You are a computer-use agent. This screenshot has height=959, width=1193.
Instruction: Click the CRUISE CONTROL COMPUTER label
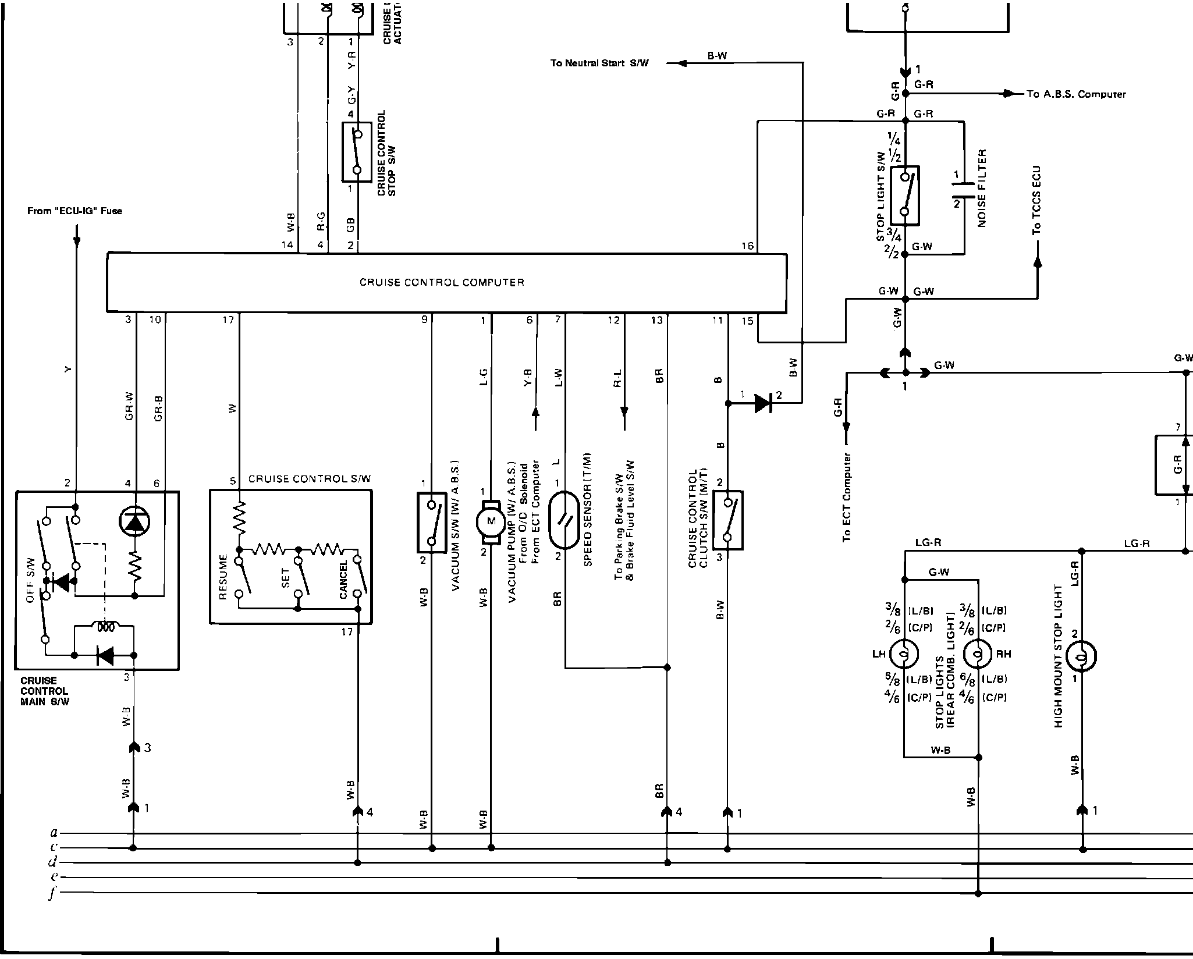[x=442, y=283]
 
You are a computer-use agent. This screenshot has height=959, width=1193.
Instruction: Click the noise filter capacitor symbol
[x=964, y=190]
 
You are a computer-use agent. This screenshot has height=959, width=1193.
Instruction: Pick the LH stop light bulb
[x=904, y=654]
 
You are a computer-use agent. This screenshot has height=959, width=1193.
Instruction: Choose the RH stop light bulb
[x=978, y=654]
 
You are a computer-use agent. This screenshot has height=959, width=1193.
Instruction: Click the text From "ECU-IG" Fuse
[x=74, y=211]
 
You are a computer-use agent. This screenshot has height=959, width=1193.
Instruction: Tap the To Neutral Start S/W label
[x=599, y=63]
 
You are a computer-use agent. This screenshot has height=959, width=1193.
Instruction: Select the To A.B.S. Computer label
[x=1076, y=94]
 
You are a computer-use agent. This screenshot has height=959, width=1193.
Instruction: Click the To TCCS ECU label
[x=1036, y=201]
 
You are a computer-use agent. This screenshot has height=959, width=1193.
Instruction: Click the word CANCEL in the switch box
[x=343, y=580]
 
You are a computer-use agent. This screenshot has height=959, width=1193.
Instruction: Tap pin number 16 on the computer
[x=747, y=246]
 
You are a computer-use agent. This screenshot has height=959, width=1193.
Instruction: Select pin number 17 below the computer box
[x=228, y=319]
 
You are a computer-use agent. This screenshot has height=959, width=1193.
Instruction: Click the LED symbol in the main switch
[x=134, y=522]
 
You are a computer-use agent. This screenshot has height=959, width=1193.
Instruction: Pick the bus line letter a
[x=54, y=833]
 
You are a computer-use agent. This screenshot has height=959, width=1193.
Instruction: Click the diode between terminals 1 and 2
[x=763, y=403]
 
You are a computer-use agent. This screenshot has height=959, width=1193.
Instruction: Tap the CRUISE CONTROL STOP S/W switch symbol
[x=357, y=152]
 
